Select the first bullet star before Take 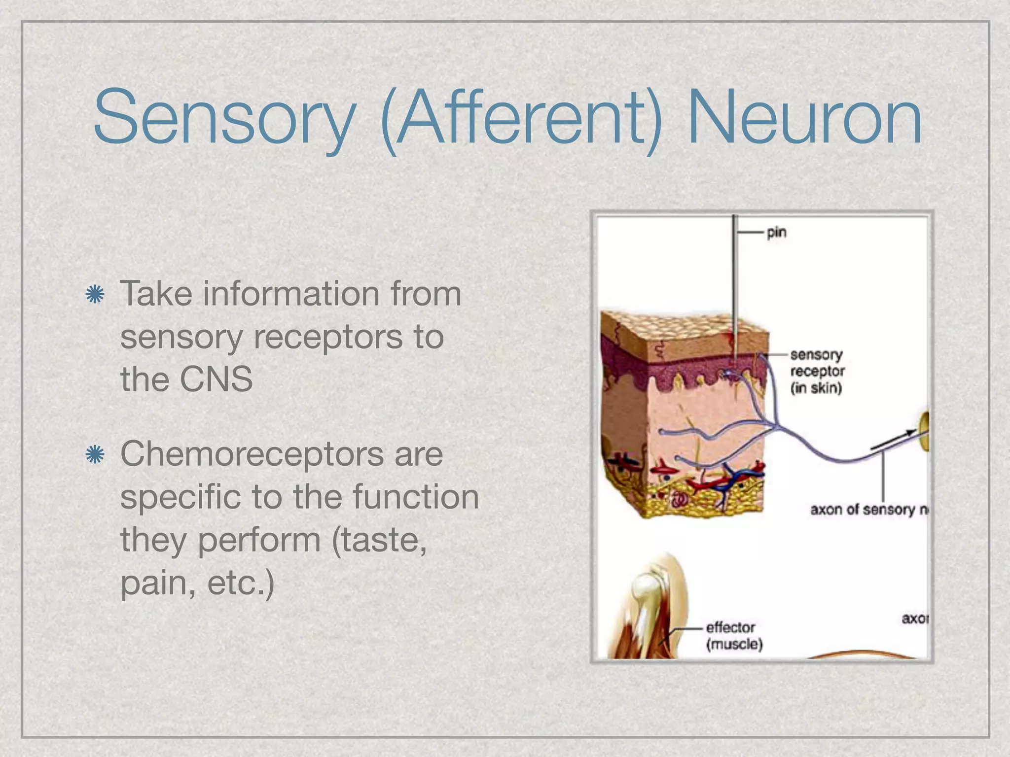[95, 295]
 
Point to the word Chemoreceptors [282, 454]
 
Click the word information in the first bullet [291, 294]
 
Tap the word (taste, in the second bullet [380, 540]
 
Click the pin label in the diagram [776, 232]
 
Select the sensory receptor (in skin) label [817, 371]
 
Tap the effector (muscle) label [734, 636]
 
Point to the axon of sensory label [868, 509]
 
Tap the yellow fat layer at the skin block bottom [700, 503]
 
